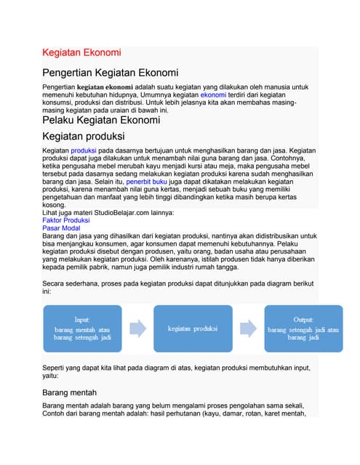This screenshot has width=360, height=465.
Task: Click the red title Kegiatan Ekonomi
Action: tap(81, 53)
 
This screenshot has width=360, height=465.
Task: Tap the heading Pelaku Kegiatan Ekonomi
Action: tap(100, 120)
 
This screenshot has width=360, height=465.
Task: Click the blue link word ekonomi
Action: tap(213, 94)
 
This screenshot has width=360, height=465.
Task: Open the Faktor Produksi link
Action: tap(66, 219)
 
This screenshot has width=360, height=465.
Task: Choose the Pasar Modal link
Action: tap(62, 227)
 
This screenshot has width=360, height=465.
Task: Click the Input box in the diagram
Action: tap(84, 329)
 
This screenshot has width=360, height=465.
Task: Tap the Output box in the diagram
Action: tap(303, 329)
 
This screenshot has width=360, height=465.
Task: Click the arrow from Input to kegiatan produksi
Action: tap(138, 329)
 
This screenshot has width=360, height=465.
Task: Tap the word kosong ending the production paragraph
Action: tap(56, 205)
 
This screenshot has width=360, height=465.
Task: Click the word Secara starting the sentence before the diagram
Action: tap(56, 283)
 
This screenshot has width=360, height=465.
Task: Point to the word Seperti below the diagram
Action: tap(57, 369)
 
